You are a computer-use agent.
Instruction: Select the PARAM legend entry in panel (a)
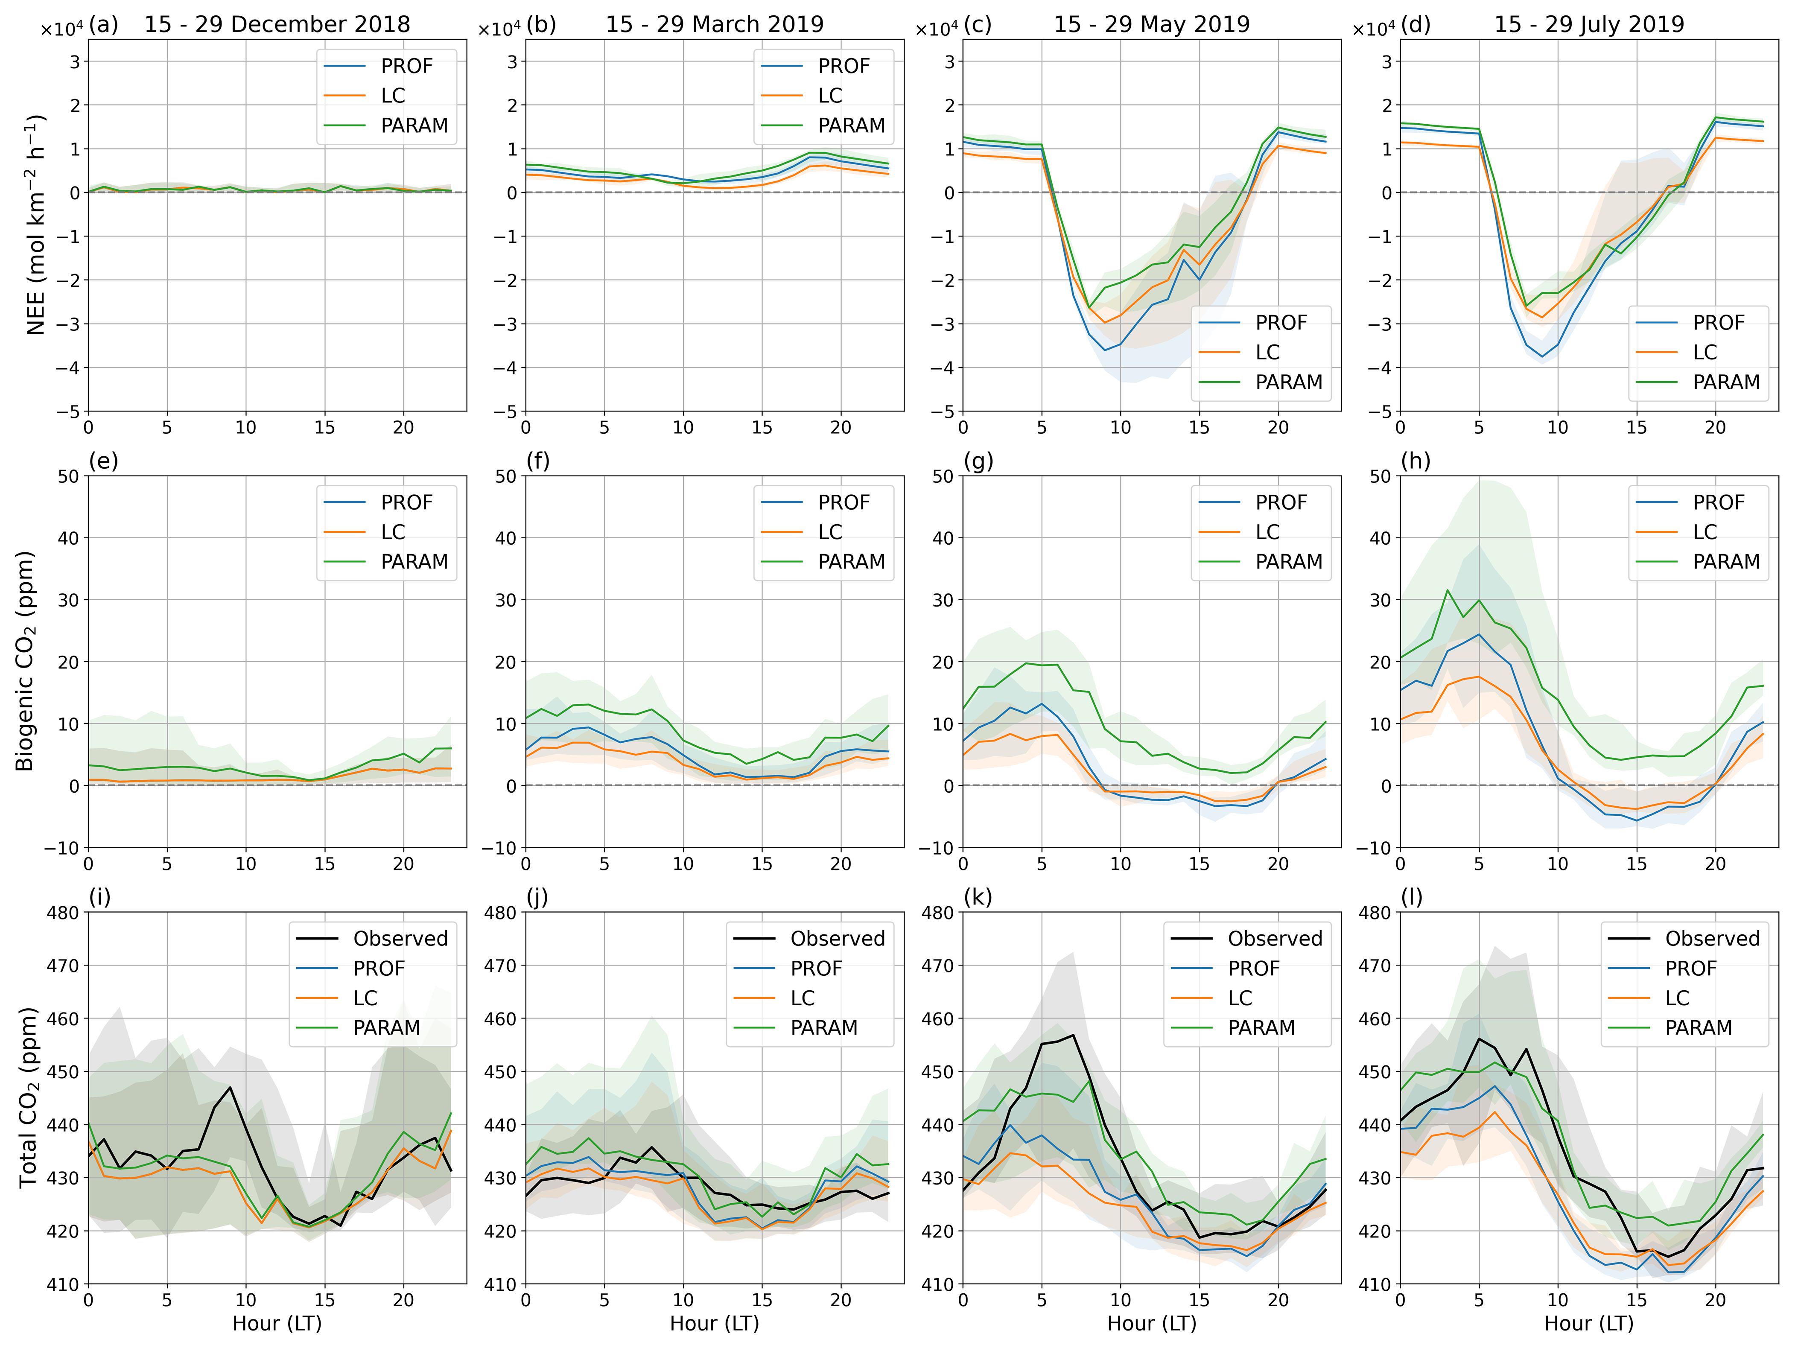click(414, 126)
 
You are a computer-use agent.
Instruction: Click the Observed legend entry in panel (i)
click(400, 939)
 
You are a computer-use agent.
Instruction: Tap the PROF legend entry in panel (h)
click(1717, 502)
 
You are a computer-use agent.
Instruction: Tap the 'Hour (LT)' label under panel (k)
click(1152, 1324)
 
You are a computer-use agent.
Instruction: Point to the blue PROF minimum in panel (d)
click(1542, 356)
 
